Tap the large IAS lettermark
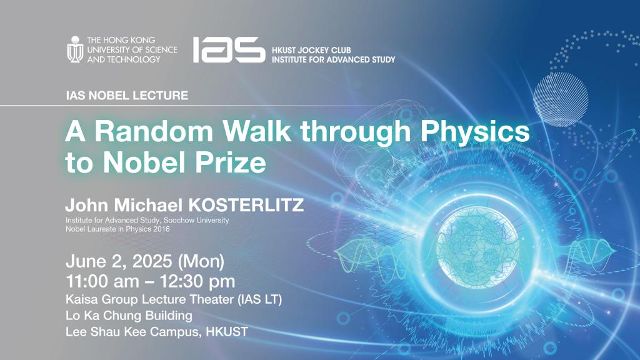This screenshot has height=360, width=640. click(228, 49)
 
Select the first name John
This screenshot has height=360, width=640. click(89, 206)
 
